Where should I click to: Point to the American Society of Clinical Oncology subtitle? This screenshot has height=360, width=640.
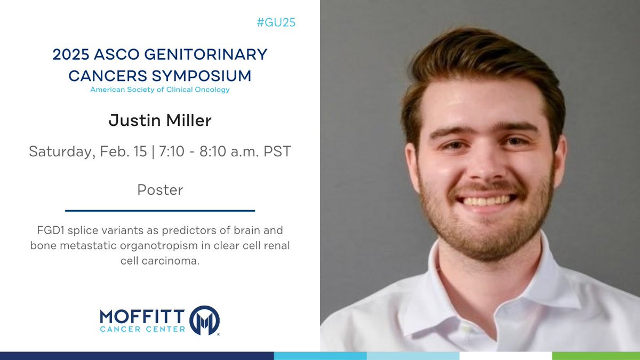click(160, 90)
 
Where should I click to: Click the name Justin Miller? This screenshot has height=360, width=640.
click(160, 121)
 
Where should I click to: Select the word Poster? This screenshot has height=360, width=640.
click(160, 189)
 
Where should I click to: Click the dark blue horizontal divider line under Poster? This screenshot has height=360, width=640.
click(160, 210)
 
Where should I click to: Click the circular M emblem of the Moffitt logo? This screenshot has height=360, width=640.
click(204, 320)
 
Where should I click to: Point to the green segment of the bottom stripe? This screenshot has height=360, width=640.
click(596, 356)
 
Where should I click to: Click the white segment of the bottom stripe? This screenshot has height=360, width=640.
click(505, 356)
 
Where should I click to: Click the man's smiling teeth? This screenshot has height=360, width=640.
click(486, 201)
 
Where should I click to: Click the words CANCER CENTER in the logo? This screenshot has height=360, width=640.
click(143, 329)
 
